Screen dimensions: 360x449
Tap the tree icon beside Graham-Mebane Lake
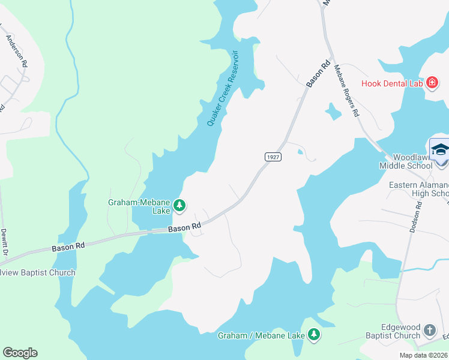pos(179,206)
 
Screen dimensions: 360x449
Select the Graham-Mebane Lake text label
pos(139,207)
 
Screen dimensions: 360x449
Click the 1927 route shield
pos(273,156)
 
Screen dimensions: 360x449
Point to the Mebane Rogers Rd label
pos(346,90)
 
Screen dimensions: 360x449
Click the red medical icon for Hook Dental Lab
pos(432,83)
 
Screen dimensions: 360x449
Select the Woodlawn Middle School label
pos(406,161)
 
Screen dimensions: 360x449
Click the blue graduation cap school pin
pos(439,149)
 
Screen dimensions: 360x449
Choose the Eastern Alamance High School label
pos(418,189)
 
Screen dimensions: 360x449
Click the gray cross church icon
pos(429,330)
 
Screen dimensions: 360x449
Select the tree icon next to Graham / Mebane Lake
pos(313,335)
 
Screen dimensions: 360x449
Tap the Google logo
pos(20,353)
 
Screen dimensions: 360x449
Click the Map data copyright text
pos(423,355)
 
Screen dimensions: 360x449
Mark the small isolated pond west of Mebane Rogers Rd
pos(332,111)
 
